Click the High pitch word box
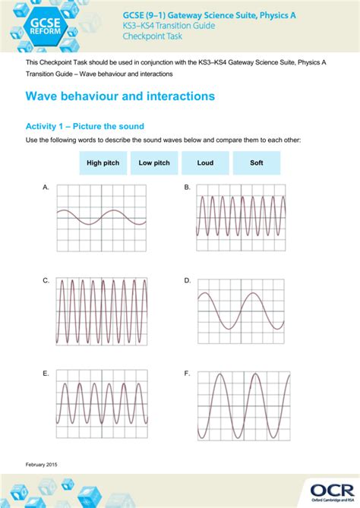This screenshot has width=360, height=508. tap(103, 162)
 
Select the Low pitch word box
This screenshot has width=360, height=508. tap(154, 162)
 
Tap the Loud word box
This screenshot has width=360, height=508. tap(205, 162)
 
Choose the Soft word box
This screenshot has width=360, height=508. tap(256, 162)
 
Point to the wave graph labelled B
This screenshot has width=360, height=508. tap(242, 216)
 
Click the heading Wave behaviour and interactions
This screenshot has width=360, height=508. tap(120, 96)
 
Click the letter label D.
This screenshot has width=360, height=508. tap(188, 281)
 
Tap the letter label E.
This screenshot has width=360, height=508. tap(46, 374)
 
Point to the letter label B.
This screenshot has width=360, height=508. tap(188, 187)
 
